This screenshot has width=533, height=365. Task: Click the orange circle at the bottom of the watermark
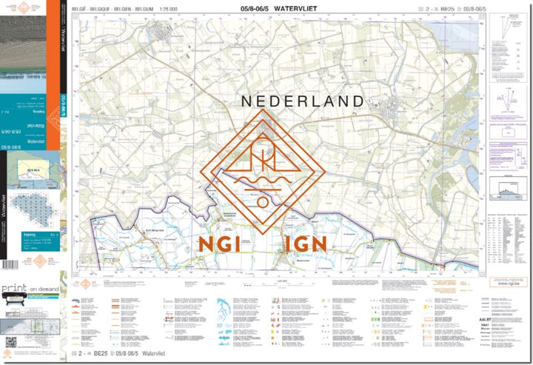coord(263,201)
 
